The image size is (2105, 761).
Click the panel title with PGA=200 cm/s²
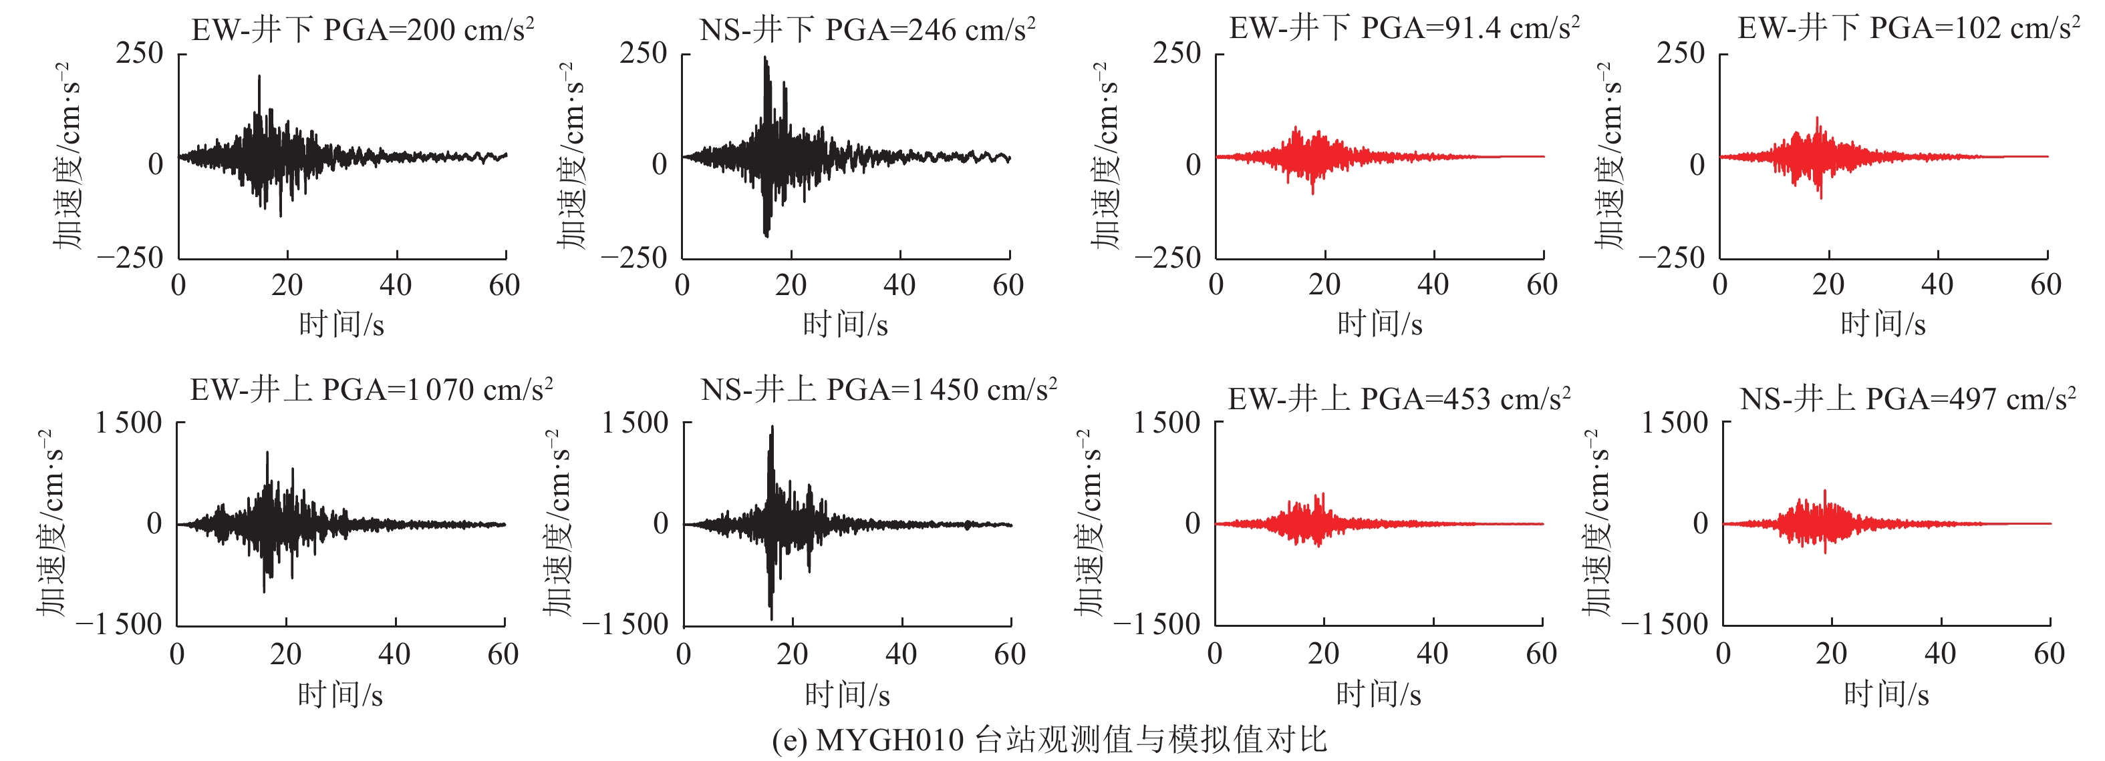click(x=363, y=29)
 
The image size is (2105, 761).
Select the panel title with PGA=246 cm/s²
click(x=868, y=29)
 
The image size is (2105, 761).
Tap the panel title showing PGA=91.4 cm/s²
click(x=1404, y=28)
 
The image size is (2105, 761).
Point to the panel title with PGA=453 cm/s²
click(x=1399, y=399)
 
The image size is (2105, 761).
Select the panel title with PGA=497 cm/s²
click(x=1908, y=399)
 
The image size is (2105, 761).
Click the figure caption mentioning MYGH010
click(x=1049, y=740)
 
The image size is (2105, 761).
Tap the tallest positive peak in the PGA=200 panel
click(x=259, y=77)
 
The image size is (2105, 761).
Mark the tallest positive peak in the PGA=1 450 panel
click(x=773, y=426)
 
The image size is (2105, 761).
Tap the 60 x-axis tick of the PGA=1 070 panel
click(x=503, y=654)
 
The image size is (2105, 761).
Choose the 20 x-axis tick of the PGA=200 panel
click(x=287, y=285)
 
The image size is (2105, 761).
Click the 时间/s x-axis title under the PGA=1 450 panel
click(x=847, y=695)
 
